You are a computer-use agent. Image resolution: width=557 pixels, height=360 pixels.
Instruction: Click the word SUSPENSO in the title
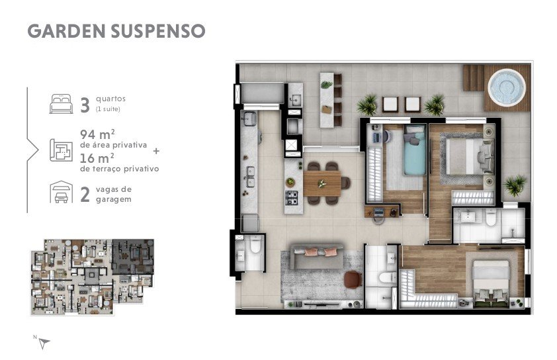[158, 31]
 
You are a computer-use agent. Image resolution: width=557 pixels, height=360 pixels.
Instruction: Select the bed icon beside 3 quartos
[61, 104]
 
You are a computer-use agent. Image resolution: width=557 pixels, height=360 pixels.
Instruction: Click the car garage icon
[61, 192]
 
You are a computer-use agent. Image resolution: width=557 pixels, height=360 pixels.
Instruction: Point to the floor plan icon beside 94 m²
[61, 150]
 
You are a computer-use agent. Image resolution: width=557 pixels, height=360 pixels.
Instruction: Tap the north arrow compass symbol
[44, 343]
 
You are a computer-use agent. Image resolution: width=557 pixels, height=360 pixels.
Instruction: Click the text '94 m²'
[97, 134]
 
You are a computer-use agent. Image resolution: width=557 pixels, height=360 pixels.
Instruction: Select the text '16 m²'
[97, 158]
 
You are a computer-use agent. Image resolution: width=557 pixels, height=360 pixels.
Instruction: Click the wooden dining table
[322, 183]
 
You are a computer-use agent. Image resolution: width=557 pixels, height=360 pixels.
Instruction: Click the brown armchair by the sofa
[353, 279]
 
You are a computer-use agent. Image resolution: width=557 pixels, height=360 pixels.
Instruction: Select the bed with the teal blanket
[415, 150]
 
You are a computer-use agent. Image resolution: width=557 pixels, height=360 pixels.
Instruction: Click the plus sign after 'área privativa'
[156, 151]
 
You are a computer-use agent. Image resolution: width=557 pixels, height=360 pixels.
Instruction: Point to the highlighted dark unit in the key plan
[133, 256]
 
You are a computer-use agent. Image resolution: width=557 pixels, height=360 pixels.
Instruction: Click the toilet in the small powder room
[255, 245]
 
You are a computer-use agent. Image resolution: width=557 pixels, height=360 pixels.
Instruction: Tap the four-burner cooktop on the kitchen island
[292, 198]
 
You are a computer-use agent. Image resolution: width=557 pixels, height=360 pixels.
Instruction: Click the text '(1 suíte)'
[108, 109]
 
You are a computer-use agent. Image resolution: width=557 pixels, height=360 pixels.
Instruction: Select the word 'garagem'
[114, 199]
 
